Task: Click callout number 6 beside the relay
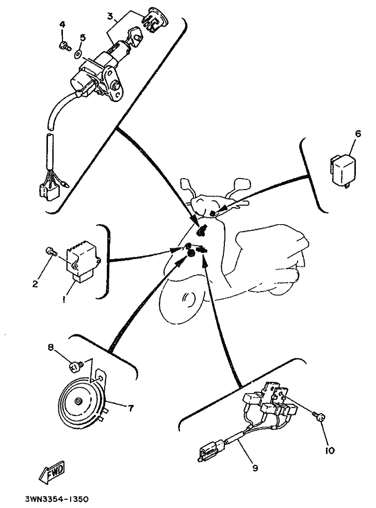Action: pos(357,134)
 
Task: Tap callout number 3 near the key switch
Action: pos(109,16)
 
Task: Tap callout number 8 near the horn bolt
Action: pos(51,347)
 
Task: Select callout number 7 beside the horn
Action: pos(130,409)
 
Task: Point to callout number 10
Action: pos(330,450)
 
